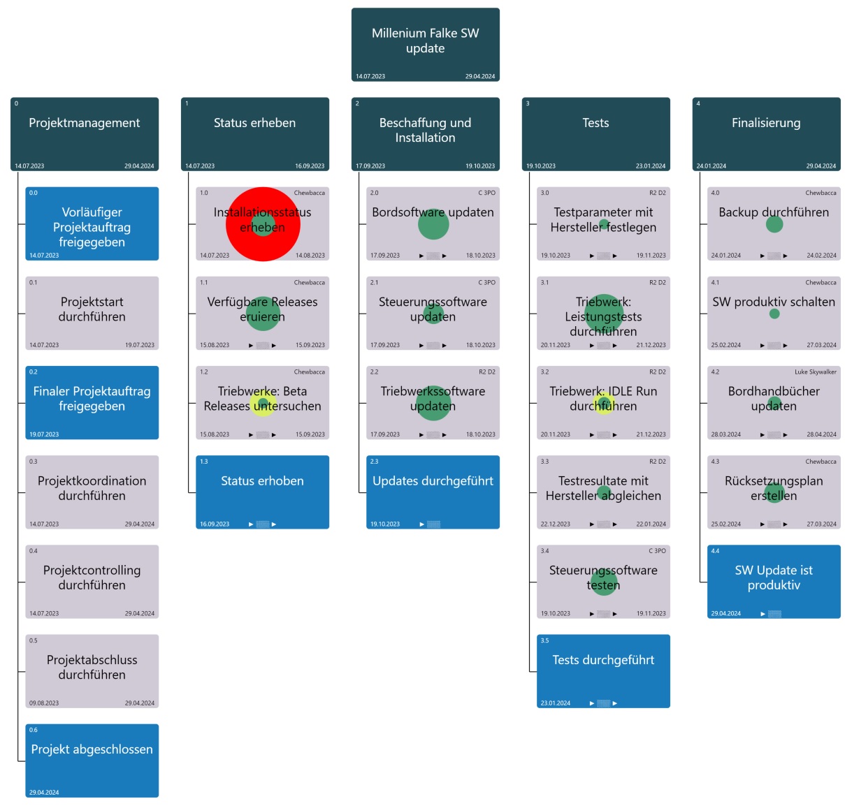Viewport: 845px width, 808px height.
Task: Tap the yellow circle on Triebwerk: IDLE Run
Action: pos(604,403)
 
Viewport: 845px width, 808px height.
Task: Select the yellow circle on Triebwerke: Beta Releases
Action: pos(263,404)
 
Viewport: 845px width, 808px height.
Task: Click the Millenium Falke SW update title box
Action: pos(425,45)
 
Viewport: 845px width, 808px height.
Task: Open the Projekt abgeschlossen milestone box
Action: pos(92,761)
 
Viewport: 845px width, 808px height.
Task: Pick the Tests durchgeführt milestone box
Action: pos(603,671)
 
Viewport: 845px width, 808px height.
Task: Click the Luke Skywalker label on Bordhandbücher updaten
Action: pos(815,372)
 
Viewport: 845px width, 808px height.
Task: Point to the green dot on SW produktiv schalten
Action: pos(774,314)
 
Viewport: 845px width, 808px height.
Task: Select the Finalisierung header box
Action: pos(766,133)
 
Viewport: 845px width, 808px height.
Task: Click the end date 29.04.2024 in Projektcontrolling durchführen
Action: pos(140,614)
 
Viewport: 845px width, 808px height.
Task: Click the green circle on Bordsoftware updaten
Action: pos(433,223)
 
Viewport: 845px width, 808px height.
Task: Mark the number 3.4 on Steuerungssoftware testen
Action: pos(544,551)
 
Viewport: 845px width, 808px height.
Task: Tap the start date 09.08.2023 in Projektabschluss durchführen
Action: pos(44,703)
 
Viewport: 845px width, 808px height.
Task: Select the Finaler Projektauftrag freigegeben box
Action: pos(92,402)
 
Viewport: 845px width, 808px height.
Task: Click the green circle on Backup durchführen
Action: pos(774,224)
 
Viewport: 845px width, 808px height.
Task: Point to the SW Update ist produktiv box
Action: pos(774,582)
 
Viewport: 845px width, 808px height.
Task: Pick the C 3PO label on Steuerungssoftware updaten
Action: pos(486,283)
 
